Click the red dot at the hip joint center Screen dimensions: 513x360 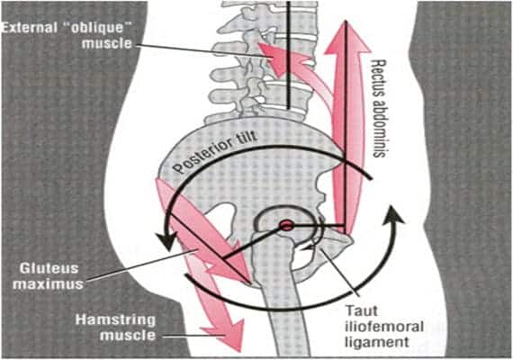[x=286, y=226]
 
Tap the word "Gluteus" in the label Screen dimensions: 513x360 [x=49, y=269]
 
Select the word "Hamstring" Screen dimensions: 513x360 [x=115, y=319]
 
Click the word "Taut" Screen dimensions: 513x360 [x=362, y=310]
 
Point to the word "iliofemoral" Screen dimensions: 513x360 [x=384, y=327]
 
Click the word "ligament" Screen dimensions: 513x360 [x=377, y=342]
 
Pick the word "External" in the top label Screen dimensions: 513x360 [x=29, y=28]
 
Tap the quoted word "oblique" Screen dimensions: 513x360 [x=97, y=29]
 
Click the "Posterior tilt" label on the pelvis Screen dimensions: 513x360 [x=215, y=152]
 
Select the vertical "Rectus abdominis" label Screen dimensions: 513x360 [x=379, y=108]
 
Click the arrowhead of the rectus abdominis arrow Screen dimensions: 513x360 [x=346, y=37]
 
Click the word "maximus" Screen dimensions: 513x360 [x=48, y=284]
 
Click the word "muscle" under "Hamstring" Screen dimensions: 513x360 [x=128, y=336]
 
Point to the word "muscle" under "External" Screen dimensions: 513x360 [x=107, y=43]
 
